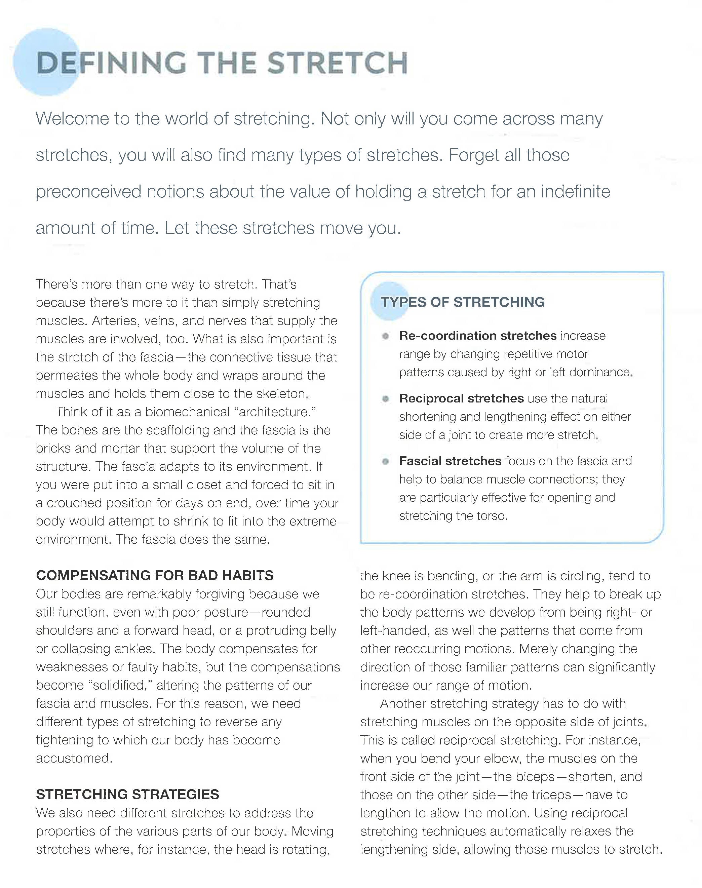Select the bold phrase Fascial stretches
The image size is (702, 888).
pos(450,461)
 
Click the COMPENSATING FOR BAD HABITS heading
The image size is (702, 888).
pos(155,575)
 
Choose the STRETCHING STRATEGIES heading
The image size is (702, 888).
pos(127,794)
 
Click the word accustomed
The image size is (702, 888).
pos(74,758)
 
